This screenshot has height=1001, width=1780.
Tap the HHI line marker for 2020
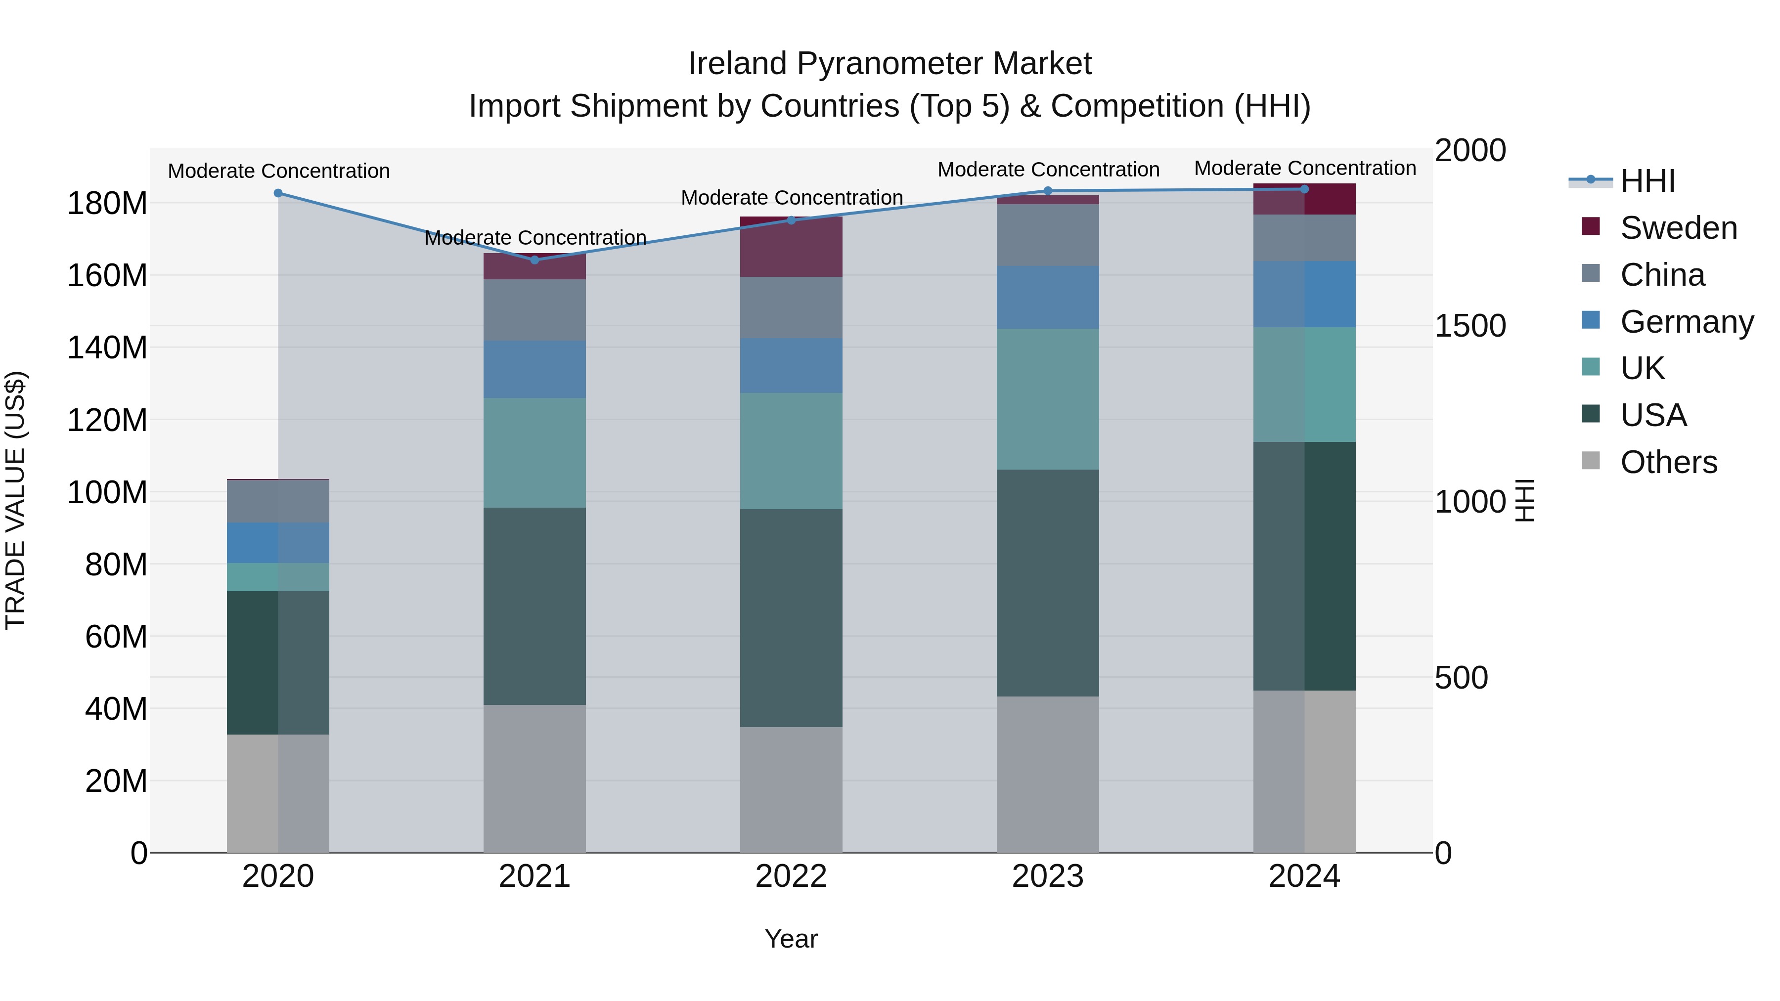(x=278, y=193)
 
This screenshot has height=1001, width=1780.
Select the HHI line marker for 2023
(x=1048, y=191)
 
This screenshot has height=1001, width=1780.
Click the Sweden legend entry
(x=1678, y=228)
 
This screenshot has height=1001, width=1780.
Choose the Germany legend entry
(x=1686, y=322)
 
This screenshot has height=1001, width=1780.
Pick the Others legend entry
(x=1668, y=462)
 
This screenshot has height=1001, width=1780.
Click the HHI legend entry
(x=1647, y=181)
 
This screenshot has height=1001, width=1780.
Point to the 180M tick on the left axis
(x=107, y=204)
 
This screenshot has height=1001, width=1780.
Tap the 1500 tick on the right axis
(x=1470, y=326)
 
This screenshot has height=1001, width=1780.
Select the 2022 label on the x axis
(x=791, y=876)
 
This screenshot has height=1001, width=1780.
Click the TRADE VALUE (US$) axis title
(x=15, y=500)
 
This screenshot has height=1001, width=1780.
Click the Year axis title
(x=791, y=939)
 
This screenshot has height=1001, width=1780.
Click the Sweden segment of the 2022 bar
(x=791, y=247)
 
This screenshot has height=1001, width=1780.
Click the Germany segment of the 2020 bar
(x=278, y=543)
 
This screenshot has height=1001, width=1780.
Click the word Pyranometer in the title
(x=890, y=64)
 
